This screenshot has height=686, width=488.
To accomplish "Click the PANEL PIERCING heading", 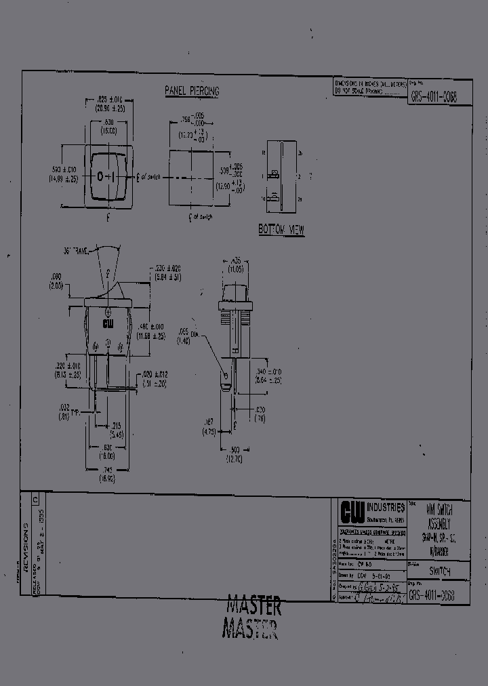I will (x=192, y=90).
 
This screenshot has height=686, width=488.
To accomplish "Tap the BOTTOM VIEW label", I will (x=281, y=230).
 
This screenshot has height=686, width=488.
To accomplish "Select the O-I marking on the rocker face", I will (x=106, y=177).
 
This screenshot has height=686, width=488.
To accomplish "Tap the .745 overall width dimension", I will (x=107, y=474).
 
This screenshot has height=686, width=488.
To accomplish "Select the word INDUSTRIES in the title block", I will (x=386, y=507).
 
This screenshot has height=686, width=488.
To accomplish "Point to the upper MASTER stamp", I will (x=253, y=605).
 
